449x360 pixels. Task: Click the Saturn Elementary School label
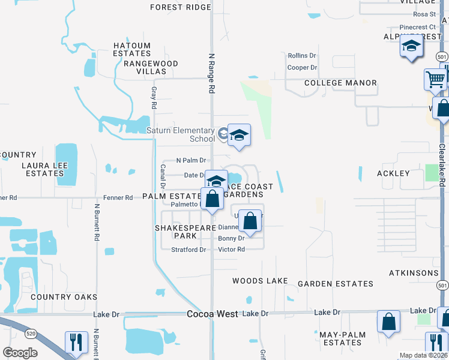click(181, 134)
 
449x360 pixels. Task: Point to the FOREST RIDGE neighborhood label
click(181, 7)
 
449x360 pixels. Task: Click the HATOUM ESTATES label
click(132, 49)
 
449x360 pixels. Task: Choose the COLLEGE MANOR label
click(340, 83)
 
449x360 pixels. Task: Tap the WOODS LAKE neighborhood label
click(260, 281)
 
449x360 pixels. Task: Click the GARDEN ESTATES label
click(336, 284)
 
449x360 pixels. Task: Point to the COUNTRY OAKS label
click(64, 297)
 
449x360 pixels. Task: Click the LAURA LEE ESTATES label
click(43, 169)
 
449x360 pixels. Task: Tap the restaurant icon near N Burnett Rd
click(76, 341)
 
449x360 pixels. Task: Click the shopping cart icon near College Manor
click(435, 78)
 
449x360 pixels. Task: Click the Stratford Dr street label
click(188, 250)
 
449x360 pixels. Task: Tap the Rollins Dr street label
click(302, 56)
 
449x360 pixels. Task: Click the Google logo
click(20, 352)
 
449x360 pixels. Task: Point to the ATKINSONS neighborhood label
click(414, 273)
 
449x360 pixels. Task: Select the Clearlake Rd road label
click(442, 164)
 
